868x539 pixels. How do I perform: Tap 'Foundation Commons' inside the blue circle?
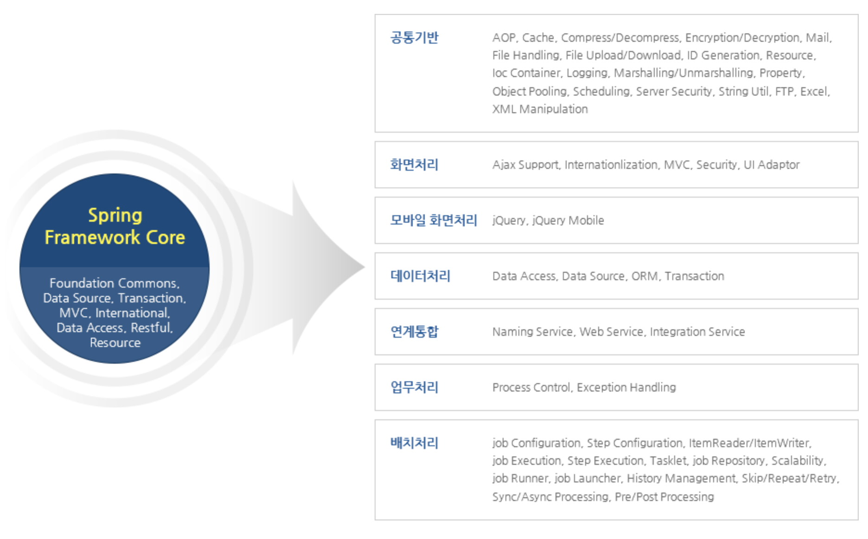114,283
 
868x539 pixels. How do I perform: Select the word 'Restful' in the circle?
151,327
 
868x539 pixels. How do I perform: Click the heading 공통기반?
414,38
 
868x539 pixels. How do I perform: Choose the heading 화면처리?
414,165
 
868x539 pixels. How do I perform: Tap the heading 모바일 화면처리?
434,220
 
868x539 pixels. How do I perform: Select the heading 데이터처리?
420,276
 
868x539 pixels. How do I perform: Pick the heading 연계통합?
414,332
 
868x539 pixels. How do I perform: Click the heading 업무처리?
414,387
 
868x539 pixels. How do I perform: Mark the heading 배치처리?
414,443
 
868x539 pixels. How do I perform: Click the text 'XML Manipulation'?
540,109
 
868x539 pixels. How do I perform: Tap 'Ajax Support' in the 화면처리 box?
525,165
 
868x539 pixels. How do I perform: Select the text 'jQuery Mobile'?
568,220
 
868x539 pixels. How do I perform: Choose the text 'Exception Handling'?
626,387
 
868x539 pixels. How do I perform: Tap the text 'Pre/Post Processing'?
664,497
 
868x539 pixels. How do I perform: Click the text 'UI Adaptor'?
772,165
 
